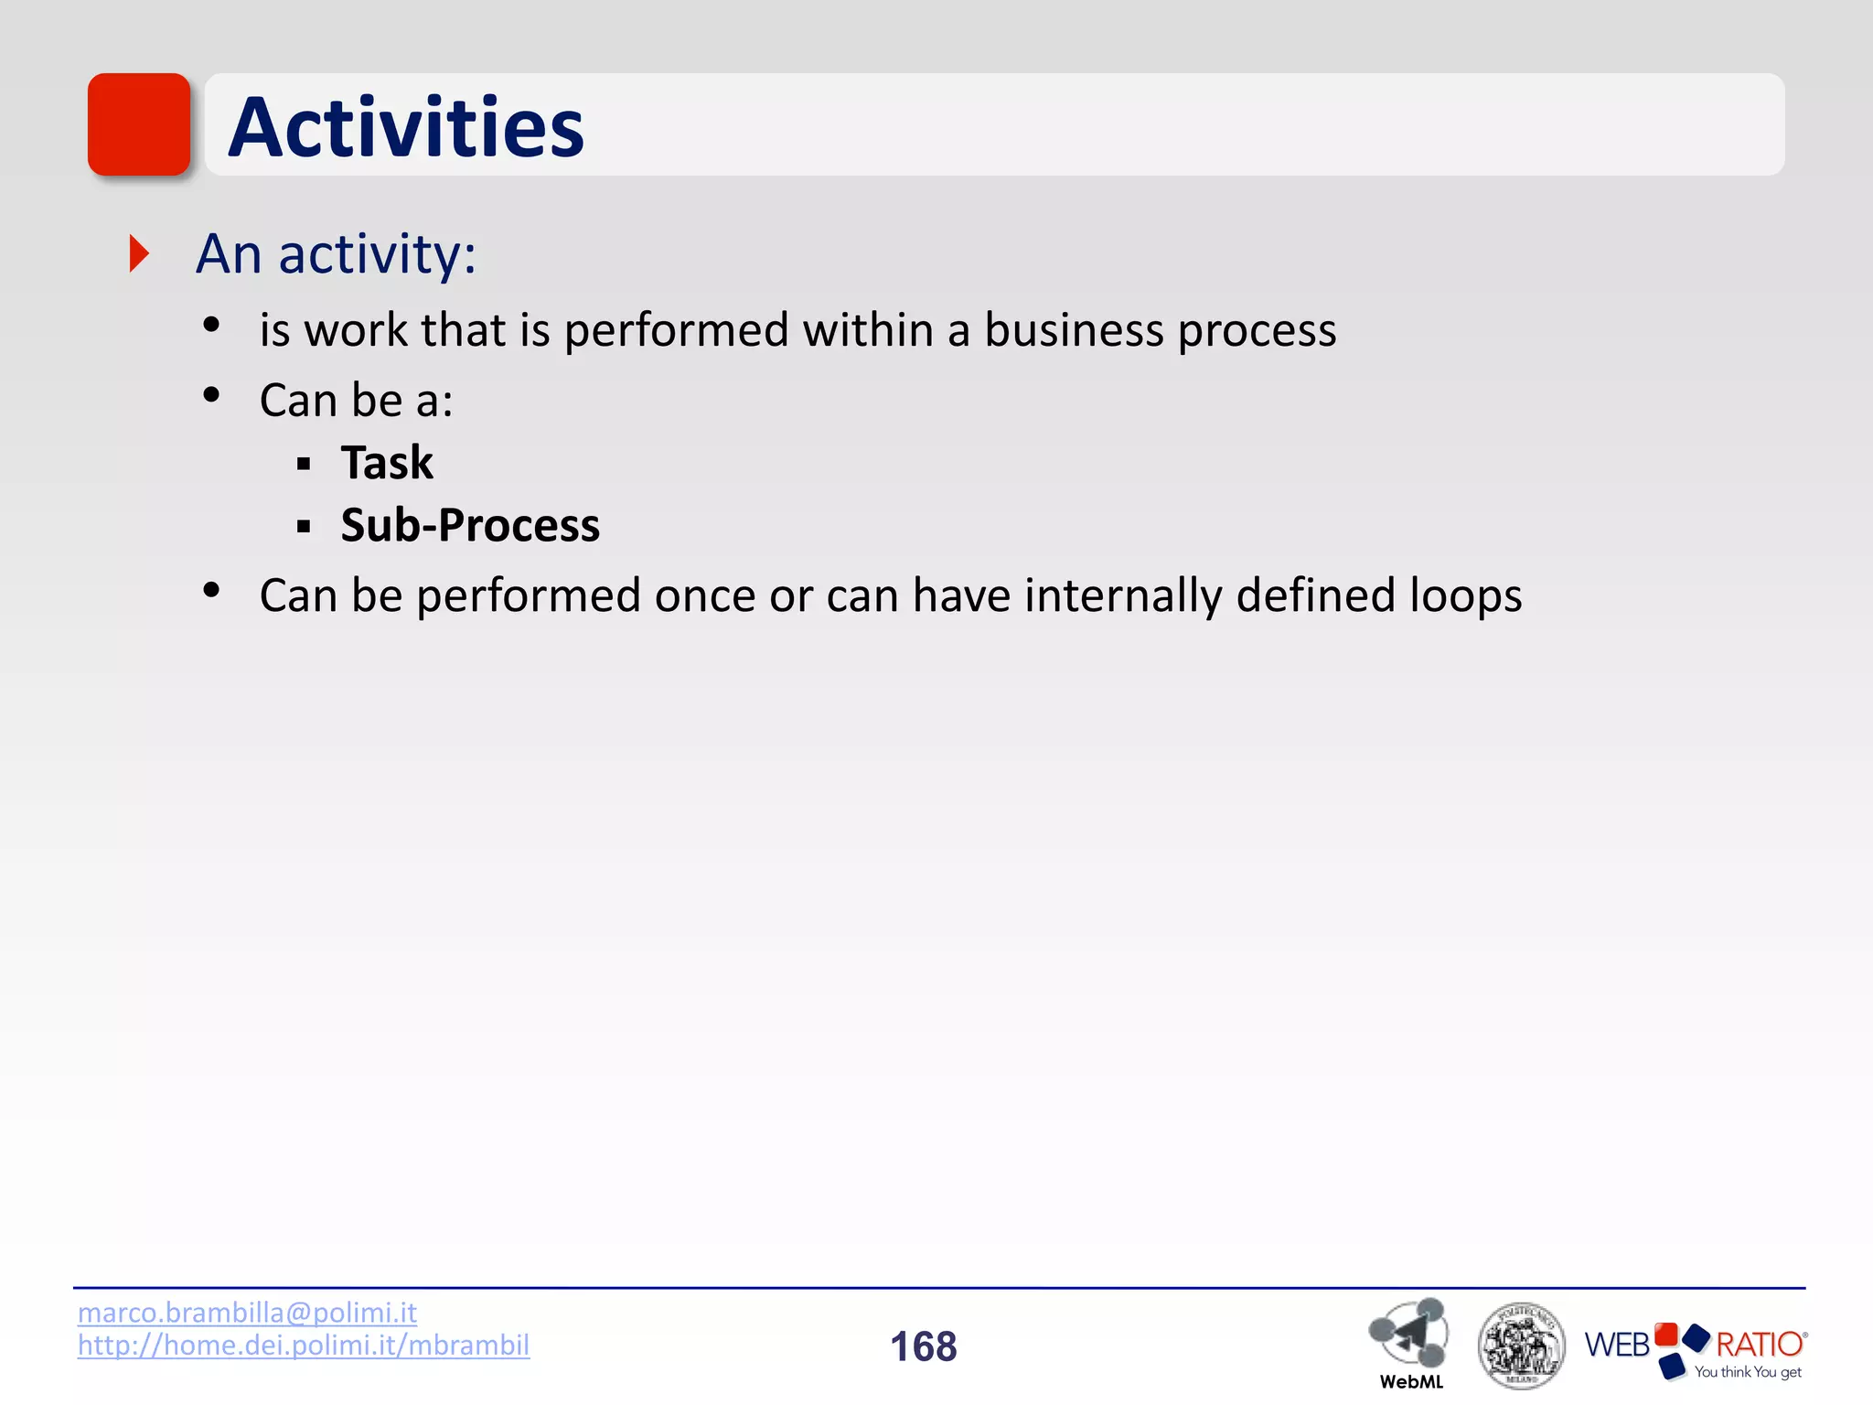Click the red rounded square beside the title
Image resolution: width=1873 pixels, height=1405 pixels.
[139, 124]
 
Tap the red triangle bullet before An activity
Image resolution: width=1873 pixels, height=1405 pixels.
[139, 253]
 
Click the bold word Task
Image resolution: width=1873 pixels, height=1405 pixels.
[387, 462]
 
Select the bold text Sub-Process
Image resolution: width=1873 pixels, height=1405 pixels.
[470, 525]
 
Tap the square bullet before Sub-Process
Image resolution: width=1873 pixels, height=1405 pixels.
[304, 527]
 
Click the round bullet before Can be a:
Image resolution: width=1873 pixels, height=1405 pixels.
[212, 395]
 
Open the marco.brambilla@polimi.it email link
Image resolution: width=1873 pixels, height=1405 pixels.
[247, 1313]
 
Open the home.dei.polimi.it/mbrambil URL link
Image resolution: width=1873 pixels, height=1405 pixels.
[303, 1346]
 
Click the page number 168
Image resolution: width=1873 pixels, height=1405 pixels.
[923, 1346]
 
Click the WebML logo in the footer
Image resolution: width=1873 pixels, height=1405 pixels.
[1409, 1340]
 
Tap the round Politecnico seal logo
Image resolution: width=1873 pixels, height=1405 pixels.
[1520, 1346]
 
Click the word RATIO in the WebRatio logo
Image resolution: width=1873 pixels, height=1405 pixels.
[1758, 1344]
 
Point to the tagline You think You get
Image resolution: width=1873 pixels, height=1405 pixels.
[1747, 1372]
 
